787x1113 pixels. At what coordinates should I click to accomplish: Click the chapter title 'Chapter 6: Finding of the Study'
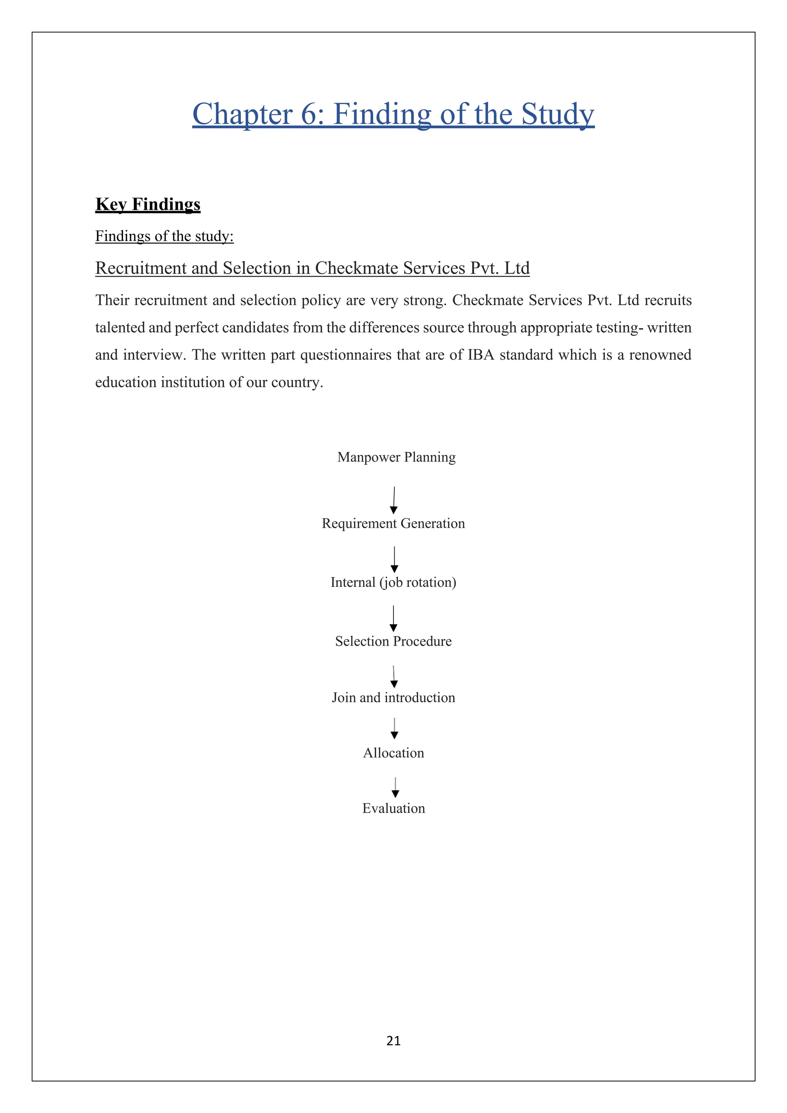393,115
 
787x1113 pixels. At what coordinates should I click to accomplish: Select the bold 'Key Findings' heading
148,204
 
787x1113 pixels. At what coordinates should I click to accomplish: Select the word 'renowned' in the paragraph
660,355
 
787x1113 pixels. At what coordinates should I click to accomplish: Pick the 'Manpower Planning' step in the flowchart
397,457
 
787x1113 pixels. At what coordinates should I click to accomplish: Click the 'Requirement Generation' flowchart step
393,523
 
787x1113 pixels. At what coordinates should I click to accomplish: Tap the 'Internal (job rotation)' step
393,582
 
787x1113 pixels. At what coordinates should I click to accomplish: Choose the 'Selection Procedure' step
393,641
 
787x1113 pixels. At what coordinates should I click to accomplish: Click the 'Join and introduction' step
393,698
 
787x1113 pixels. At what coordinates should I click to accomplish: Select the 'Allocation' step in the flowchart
393,753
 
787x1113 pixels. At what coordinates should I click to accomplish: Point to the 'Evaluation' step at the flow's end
393,808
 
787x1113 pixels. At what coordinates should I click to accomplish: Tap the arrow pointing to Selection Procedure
393,618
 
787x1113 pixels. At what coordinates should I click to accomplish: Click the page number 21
393,1041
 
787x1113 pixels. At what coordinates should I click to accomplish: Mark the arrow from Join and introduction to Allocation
395,728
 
